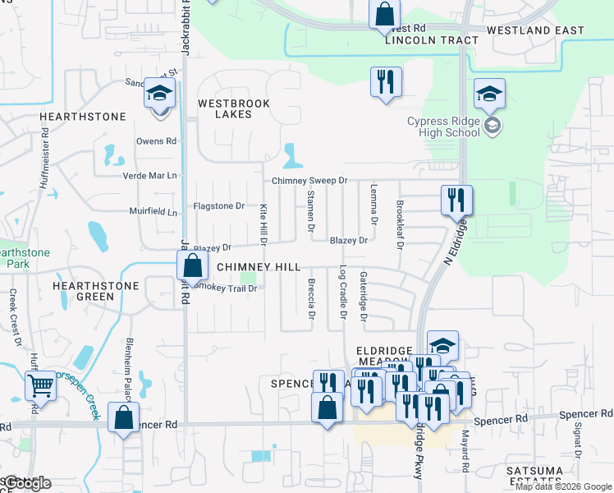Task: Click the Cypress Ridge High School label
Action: coord(444,127)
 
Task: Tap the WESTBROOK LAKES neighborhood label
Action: coord(224,108)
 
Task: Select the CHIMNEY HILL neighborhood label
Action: coord(259,268)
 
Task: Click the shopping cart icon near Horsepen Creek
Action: coord(40,385)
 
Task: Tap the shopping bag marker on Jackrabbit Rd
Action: coord(191,266)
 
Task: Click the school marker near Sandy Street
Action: coord(159,94)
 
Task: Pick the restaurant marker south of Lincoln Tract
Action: coord(385,81)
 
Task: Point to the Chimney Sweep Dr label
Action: coord(310,180)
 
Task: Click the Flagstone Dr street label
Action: coord(218,205)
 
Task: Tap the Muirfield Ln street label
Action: coord(153,212)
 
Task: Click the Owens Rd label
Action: coord(156,141)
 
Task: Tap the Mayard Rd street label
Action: coord(465,450)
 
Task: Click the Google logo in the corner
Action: coord(28,483)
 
